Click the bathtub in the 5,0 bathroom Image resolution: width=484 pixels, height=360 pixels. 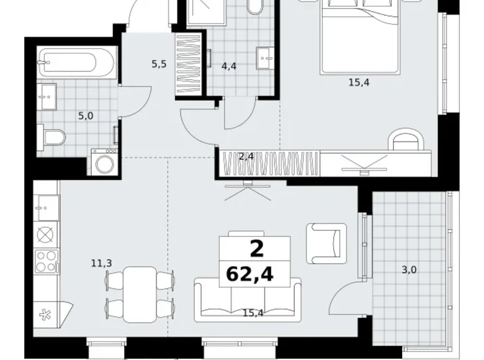(76, 62)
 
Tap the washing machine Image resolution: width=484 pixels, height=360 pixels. (104, 162)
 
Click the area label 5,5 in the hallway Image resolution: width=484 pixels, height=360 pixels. (159, 64)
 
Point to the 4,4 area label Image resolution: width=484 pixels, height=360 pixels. (229, 66)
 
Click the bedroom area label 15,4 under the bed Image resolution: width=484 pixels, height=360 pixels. (359, 83)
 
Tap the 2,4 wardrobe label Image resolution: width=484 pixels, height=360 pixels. (246, 156)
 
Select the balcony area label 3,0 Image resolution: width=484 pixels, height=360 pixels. (409, 270)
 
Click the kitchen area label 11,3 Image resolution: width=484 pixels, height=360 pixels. (102, 263)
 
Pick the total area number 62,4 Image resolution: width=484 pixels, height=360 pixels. (249, 274)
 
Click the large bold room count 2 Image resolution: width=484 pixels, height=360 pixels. (257, 249)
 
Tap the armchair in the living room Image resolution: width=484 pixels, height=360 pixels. (326, 243)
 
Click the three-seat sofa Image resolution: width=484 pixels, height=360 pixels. (248, 300)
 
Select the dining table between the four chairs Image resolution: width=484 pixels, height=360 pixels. (140, 295)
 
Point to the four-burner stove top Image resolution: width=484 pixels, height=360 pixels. (47, 261)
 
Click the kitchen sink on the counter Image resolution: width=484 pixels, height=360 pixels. (47, 208)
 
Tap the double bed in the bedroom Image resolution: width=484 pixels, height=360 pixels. (361, 37)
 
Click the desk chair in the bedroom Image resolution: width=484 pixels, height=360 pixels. (406, 138)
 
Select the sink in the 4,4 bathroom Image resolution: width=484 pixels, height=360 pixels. (265, 58)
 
